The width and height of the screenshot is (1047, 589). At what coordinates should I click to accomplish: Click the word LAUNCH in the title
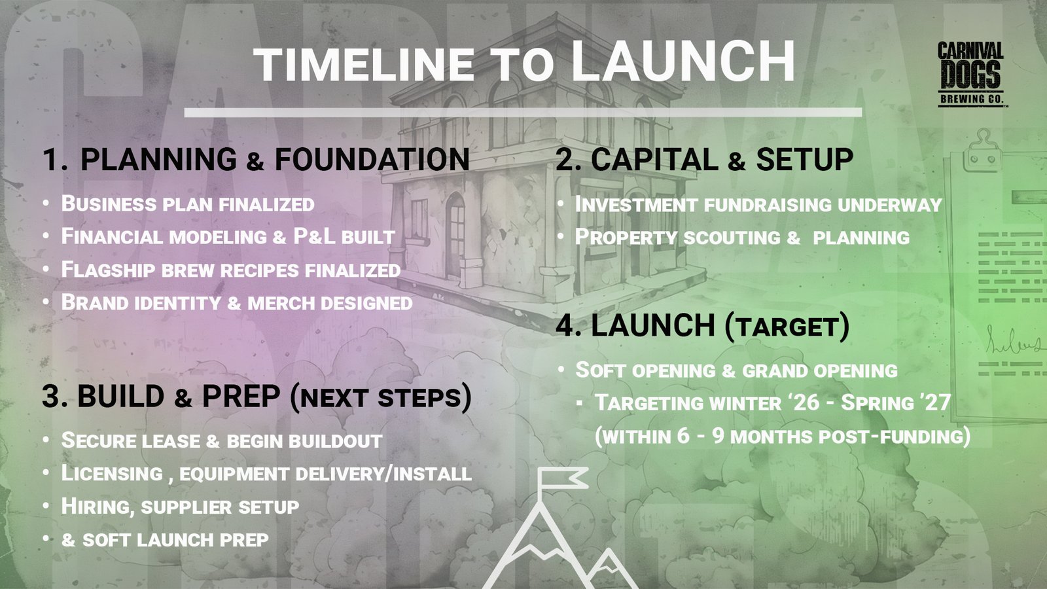(683, 62)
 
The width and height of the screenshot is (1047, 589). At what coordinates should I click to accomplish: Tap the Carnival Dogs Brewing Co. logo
(970, 75)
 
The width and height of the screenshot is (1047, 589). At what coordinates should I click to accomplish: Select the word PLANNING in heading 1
(158, 160)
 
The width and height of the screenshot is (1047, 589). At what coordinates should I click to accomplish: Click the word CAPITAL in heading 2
(655, 160)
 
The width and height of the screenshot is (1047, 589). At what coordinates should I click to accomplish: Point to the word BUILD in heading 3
(121, 397)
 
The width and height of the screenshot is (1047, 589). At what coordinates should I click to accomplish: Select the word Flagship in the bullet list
(109, 270)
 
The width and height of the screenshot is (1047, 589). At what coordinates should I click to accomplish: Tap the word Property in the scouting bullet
(626, 237)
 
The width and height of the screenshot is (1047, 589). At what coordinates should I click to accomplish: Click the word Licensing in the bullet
(112, 474)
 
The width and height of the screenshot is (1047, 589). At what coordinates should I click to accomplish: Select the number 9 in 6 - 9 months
(719, 436)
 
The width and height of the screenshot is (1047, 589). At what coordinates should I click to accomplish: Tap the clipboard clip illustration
(982, 151)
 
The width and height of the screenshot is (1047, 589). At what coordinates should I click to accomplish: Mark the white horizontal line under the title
(523, 112)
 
